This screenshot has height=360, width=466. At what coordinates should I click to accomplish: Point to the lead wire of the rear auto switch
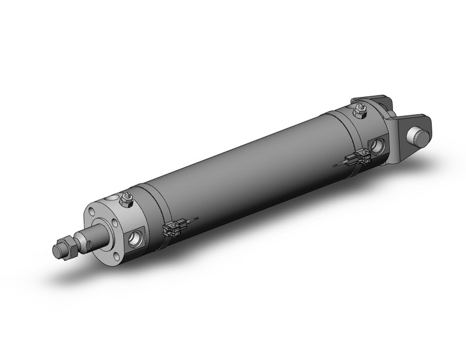pyautogui.click(x=339, y=164)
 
